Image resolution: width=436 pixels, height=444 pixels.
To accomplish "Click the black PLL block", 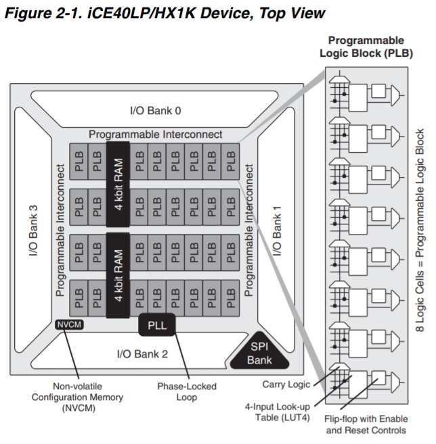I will (157, 326).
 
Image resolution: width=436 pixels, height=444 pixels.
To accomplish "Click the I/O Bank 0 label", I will (155, 110).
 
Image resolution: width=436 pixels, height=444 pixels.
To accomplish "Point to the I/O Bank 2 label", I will (142, 353).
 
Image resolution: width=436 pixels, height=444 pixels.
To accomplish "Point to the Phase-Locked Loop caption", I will (187, 392).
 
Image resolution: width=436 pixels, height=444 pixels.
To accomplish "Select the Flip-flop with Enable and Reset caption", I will (366, 424).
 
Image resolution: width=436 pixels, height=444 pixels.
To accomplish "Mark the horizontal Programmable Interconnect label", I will (155, 134).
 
